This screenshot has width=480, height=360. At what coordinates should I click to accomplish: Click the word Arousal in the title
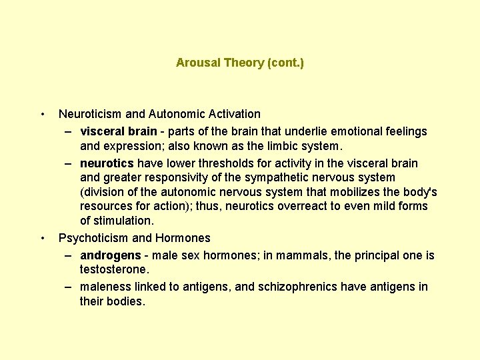197,63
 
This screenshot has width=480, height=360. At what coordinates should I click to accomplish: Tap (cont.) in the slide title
285,63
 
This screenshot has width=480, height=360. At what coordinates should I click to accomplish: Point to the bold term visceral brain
119,131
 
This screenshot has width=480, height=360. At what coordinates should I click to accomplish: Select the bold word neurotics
107,163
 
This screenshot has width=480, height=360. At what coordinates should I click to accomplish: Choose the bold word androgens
110,255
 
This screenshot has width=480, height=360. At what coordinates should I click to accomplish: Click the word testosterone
113,269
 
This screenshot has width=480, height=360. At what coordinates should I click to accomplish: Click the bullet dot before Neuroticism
43,114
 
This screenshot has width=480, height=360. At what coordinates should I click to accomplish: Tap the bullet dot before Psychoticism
43,238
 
